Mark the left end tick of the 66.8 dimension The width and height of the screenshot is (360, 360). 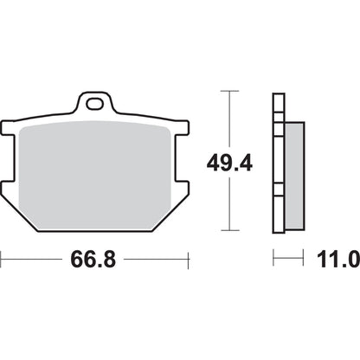pos(2,258)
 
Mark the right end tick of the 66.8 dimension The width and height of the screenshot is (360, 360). pos(188,258)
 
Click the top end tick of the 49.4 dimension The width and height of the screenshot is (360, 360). pos(228,91)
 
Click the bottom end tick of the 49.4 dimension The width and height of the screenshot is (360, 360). pos(228,230)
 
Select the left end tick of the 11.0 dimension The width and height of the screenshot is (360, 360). pos(273,258)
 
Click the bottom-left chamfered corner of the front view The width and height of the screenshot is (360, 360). pos(26,222)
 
